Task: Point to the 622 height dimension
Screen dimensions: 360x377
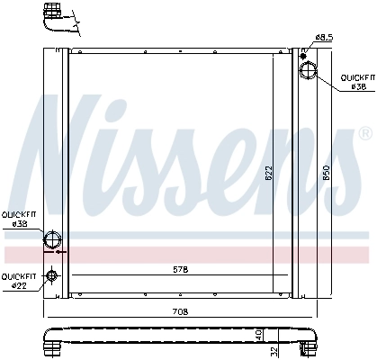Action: [269, 172]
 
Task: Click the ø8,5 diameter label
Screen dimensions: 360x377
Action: [324, 37]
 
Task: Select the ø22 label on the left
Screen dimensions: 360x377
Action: [18, 285]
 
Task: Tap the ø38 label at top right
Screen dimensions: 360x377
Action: [357, 87]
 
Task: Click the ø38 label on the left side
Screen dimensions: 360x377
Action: [18, 222]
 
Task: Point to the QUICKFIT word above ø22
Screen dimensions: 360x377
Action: [18, 276]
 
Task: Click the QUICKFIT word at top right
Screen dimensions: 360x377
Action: [356, 78]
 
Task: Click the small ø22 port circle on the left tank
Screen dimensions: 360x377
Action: [52, 276]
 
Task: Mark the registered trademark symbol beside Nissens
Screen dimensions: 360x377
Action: [364, 133]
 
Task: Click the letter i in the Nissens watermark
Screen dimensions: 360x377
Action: [137, 148]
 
